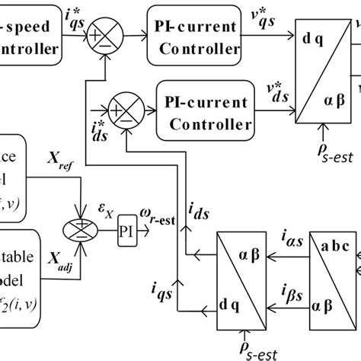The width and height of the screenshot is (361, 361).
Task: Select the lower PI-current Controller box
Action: (x=203, y=113)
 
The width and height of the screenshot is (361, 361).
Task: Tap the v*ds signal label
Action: (x=271, y=97)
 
